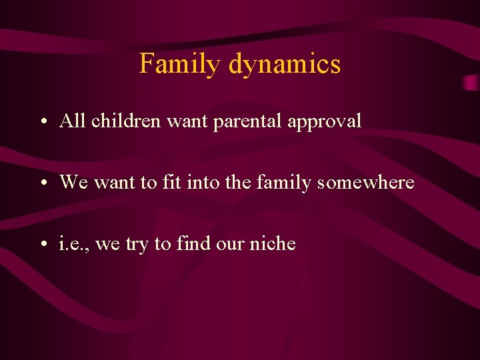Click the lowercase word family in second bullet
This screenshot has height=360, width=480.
click(284, 183)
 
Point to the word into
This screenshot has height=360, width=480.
click(193, 182)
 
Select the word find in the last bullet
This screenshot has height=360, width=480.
click(193, 243)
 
